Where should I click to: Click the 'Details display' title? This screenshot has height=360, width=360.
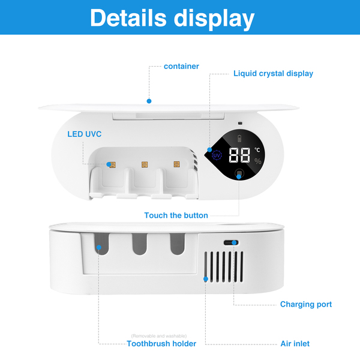coord(172,18)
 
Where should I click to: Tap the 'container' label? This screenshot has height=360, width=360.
coord(181,66)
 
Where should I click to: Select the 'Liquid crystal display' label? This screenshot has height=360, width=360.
coord(273,74)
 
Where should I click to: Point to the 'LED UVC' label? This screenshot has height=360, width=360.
coord(84,134)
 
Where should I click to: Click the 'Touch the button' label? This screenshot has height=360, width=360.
coord(176,215)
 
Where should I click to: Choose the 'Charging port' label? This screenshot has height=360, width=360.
coord(305,304)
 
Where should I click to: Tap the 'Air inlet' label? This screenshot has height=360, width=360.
coord(295,344)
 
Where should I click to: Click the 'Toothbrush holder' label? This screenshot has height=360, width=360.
coord(161,344)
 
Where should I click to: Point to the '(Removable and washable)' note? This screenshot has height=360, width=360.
coord(159,335)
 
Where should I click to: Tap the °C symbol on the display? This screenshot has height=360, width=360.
coord(257,150)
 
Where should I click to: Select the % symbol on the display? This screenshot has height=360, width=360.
coord(258,161)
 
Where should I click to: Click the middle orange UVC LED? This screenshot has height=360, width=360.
coord(144,164)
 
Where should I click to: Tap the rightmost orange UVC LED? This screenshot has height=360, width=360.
coord(176,164)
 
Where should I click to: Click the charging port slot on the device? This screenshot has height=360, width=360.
coord(230,242)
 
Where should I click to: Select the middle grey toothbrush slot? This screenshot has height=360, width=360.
coord(139,246)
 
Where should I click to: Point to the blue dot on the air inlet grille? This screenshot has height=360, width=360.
coord(205,278)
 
